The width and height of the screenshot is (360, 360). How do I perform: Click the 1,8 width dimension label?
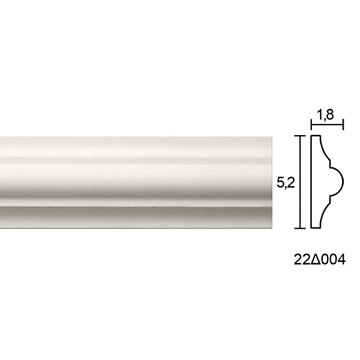tap(325, 115)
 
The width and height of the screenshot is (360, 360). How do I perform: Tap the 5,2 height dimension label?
tap(286, 182)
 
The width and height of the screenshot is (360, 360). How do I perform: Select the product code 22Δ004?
tap(319, 259)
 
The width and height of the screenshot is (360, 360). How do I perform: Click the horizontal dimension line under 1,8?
tap(327, 125)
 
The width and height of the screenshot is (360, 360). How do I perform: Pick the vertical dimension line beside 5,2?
tap(300, 182)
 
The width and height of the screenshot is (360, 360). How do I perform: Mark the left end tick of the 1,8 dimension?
tap(311, 125)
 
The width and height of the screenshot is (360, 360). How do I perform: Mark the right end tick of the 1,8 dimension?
tap(343, 125)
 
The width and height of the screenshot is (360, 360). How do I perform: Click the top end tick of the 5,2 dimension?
tap(300, 136)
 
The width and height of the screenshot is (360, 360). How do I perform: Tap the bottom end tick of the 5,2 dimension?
tap(300, 228)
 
